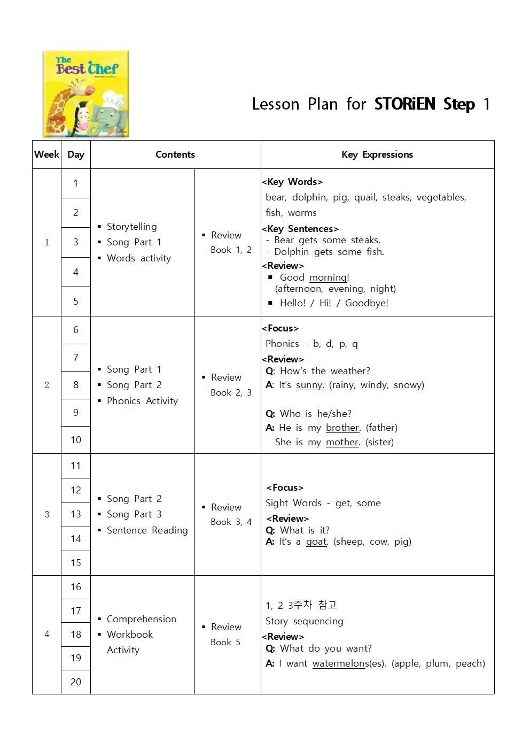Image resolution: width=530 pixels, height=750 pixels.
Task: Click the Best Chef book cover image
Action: point(86,94)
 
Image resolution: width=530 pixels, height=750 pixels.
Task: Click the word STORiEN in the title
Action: point(405,104)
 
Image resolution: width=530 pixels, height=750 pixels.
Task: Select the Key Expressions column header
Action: point(377,154)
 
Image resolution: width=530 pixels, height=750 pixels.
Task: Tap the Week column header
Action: point(46,154)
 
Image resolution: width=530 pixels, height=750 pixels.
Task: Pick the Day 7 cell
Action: point(76,358)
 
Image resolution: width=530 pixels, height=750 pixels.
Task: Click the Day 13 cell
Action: point(76,514)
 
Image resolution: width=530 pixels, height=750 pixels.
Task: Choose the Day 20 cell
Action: point(76,682)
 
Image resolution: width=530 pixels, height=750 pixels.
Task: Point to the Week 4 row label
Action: point(47,635)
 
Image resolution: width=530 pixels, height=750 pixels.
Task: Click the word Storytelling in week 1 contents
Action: point(131,227)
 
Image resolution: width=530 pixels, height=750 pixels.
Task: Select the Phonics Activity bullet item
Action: point(142,401)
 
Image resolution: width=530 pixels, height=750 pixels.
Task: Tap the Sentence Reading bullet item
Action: point(147,530)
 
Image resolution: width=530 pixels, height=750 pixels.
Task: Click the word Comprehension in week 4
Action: point(141,619)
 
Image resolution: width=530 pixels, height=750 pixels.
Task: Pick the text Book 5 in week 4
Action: point(225,642)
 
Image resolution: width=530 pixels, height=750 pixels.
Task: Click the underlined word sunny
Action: point(309,385)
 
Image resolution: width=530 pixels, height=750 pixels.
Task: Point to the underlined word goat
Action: point(316,542)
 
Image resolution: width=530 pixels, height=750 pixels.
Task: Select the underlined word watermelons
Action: point(340,663)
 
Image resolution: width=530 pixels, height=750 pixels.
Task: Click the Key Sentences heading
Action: point(300,229)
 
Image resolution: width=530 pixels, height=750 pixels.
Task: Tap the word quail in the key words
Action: point(365,197)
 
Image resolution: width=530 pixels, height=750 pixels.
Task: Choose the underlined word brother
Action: point(342,428)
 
